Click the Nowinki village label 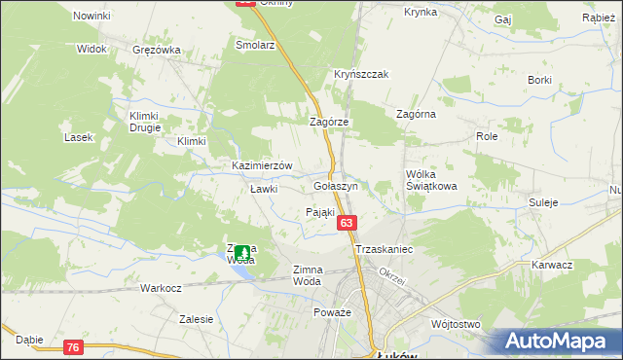[92, 17]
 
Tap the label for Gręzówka [158, 50]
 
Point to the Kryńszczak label [362, 74]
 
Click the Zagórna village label [416, 114]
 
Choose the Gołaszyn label [337, 185]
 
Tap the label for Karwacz [552, 265]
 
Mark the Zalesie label [196, 318]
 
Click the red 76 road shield [74, 347]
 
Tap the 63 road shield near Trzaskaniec [348, 224]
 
